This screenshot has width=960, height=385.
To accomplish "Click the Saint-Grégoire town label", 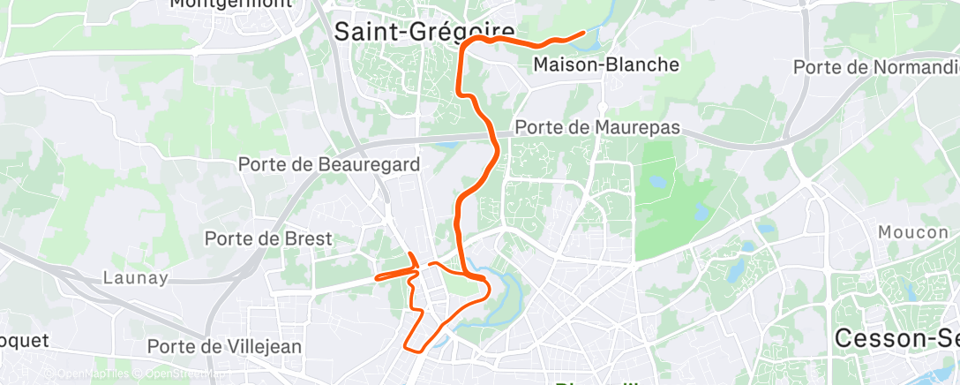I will (424, 32).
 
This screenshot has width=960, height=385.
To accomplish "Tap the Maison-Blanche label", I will (606, 64).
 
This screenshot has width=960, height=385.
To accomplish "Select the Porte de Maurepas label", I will (597, 127).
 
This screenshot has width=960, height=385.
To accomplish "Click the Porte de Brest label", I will (268, 238).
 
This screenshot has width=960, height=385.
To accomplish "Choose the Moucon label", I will (912, 232).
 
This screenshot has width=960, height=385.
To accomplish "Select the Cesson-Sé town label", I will (896, 338).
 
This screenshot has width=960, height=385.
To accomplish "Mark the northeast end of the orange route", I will (584, 33).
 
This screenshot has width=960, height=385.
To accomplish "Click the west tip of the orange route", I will (377, 277).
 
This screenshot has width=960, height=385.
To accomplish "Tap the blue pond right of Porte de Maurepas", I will (658, 183).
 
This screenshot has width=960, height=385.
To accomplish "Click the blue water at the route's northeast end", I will (593, 41).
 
